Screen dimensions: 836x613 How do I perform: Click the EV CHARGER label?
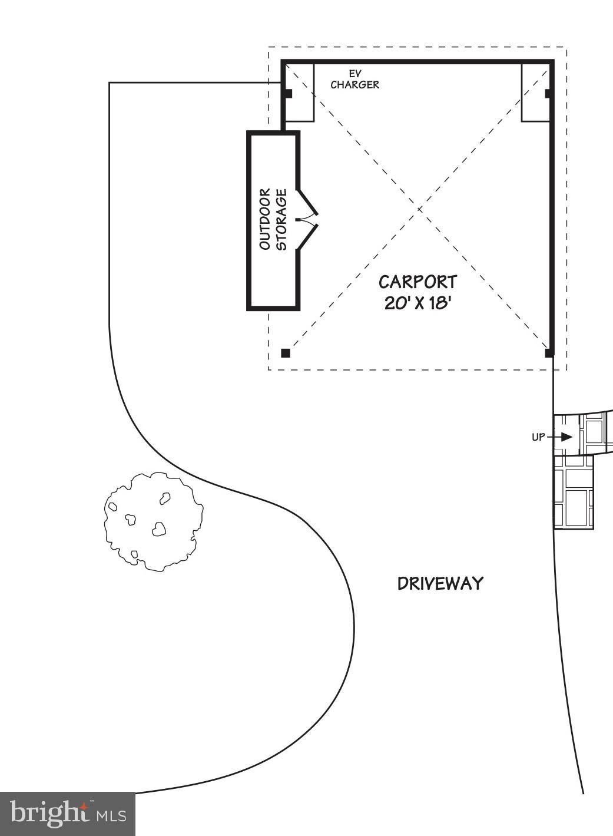click(354, 80)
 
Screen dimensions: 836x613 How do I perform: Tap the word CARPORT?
click(417, 282)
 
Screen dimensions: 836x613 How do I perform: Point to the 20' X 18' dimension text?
click(417, 303)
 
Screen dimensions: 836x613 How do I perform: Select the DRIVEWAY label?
click(440, 583)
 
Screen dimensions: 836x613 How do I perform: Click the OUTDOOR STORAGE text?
click(273, 219)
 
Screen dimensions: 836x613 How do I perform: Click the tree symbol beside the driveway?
click(154, 521)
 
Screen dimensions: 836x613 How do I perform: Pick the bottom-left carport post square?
click(286, 353)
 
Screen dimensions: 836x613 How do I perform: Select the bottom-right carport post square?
click(549, 353)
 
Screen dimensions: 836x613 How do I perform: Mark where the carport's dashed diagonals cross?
click(419, 209)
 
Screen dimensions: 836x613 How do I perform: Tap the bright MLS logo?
click(68, 814)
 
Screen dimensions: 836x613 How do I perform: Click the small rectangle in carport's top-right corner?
click(535, 92)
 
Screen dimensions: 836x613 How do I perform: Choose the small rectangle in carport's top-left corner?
click(300, 92)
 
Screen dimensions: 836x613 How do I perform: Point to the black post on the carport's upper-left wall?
click(287, 93)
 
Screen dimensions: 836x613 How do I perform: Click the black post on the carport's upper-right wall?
click(548, 93)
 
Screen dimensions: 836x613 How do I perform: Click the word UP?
click(538, 437)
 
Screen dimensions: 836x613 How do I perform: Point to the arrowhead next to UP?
click(566, 437)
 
